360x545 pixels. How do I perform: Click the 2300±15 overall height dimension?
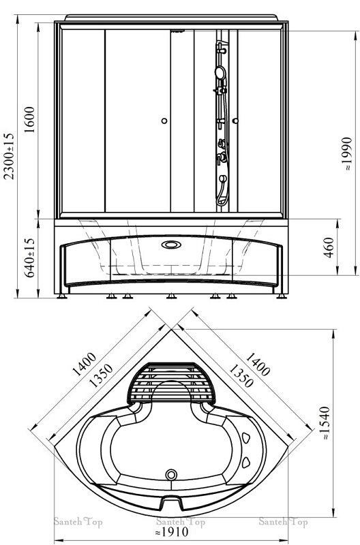pyautogui.click(x=9, y=156)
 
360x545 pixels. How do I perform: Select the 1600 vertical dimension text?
pyautogui.click(x=29, y=120)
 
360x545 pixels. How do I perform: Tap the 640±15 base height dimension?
pyautogui.click(x=29, y=258)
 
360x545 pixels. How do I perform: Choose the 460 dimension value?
pyautogui.click(x=328, y=247)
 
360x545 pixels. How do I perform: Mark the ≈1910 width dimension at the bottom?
pyautogui.click(x=172, y=531)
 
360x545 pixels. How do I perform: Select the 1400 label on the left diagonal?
pyautogui.click(x=84, y=364)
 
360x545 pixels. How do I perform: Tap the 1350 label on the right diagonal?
pyautogui.click(x=241, y=376)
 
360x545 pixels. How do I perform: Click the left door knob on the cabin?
pyautogui.click(x=164, y=121)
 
